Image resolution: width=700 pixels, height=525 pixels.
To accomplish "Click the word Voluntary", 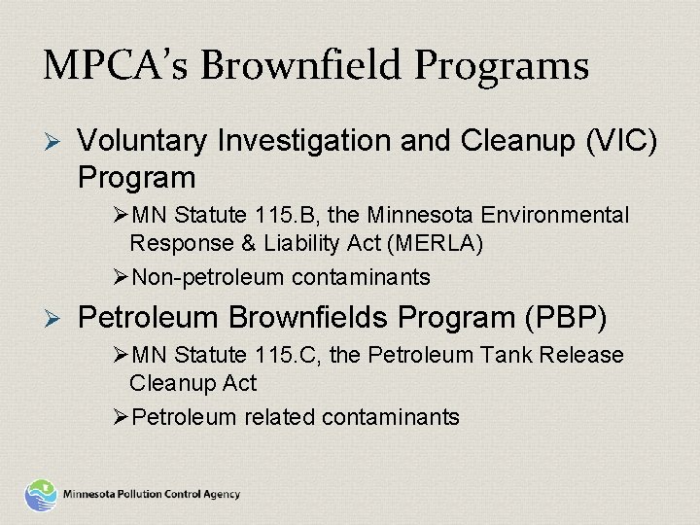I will click(140, 143).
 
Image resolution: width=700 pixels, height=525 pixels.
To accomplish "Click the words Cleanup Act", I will click(192, 384).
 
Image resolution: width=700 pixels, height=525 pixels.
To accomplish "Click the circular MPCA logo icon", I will click(41, 494).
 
